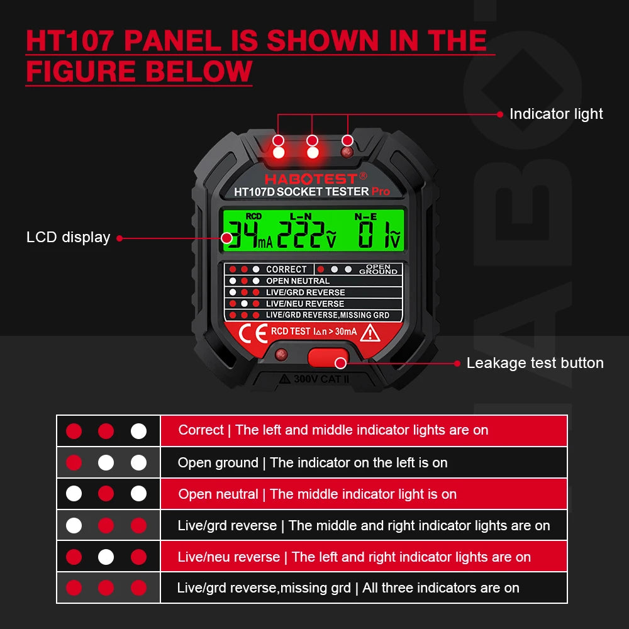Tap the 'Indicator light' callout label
556,114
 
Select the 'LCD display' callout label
68,237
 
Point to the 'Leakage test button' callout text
535,363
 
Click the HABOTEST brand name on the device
311,179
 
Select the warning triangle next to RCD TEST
369,333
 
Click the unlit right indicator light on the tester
345,152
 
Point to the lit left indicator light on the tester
279,152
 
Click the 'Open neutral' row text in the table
317,494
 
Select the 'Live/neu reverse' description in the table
354,557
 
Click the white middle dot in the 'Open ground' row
106,463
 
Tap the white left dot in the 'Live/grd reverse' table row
74,525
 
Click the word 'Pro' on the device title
381,191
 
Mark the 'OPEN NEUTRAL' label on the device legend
298,281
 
